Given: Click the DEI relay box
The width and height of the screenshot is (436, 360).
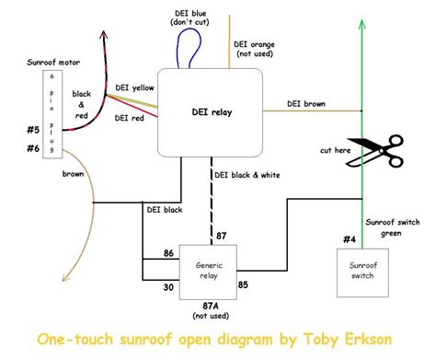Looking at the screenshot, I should coord(209,112).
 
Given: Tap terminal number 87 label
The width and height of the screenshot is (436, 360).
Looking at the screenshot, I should coord(221,236).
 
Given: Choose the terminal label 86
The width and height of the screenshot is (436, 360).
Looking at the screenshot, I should coord(168,252).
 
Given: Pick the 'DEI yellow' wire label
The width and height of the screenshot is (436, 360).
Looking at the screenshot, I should coord(135,87).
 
